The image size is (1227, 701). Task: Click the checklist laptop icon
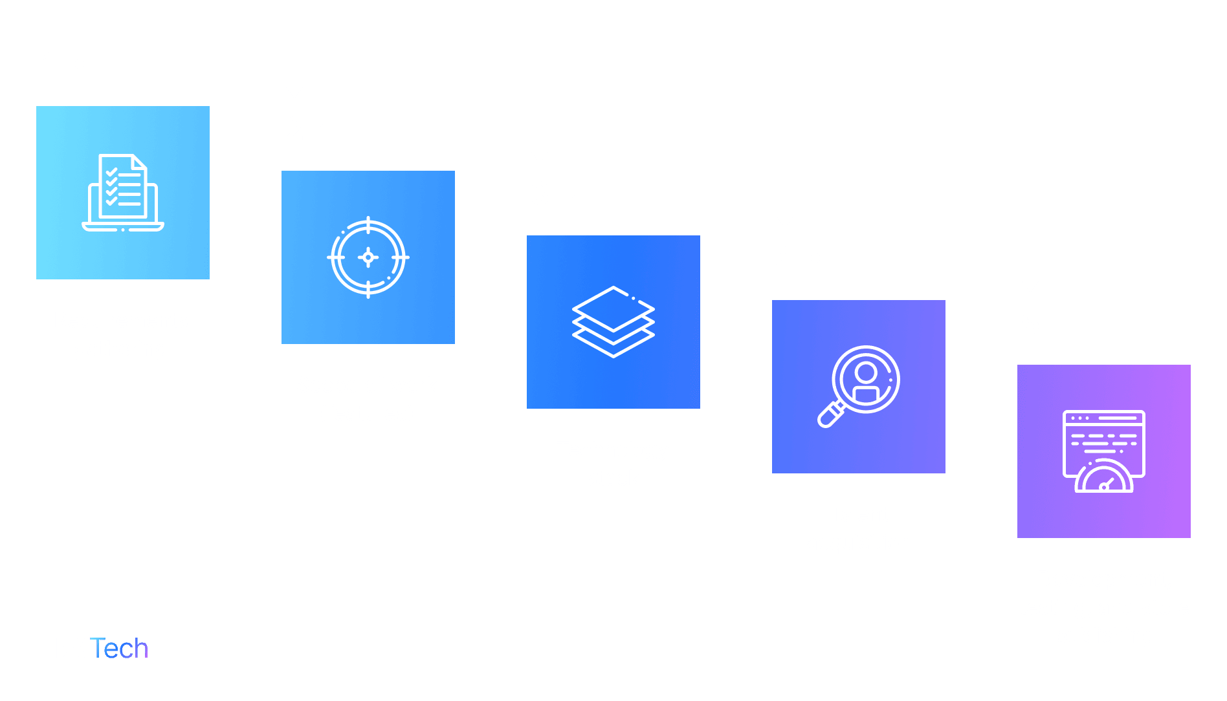pyautogui.click(x=123, y=193)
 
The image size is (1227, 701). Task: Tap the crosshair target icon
pyautogui.click(x=368, y=257)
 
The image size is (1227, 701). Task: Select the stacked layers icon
pyautogui.click(x=613, y=322)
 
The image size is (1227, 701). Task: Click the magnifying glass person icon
pyautogui.click(x=858, y=387)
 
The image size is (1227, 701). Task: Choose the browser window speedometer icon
pyautogui.click(x=1103, y=451)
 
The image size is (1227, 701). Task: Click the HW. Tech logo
pyautogui.click(x=92, y=648)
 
